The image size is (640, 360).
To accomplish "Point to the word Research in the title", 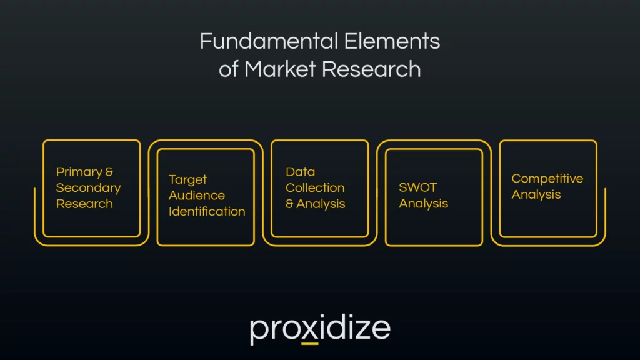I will [371, 69].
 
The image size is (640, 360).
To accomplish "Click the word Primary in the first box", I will [79, 172].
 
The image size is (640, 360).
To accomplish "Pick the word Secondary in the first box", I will [88, 187].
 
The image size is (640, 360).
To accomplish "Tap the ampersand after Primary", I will [109, 172].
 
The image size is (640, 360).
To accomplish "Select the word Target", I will [187, 179].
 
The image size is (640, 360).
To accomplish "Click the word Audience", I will [196, 195].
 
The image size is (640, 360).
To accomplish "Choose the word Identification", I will [207, 211].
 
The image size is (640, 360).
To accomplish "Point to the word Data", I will [300, 172].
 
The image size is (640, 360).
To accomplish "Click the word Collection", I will [315, 187].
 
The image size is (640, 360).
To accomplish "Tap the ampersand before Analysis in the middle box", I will [289, 204].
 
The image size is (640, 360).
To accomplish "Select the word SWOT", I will [418, 187].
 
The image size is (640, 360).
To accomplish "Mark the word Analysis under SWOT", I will [424, 204].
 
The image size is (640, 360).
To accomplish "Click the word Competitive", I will [547, 179].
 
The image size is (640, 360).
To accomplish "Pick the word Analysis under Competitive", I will [536, 195].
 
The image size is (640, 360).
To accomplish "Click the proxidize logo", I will [320, 329].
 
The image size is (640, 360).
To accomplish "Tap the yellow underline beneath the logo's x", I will [309, 343].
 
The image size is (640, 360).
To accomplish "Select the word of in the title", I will [228, 69].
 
